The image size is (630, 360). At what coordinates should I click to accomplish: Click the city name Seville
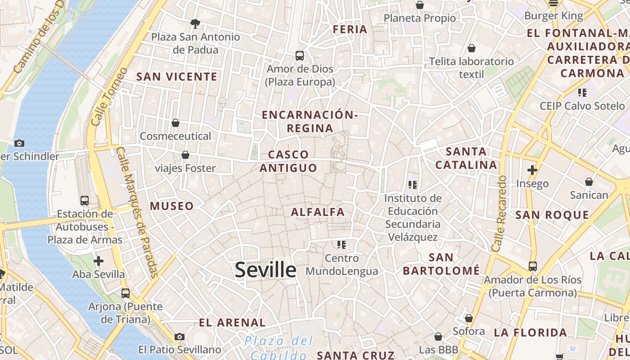pos(265,270)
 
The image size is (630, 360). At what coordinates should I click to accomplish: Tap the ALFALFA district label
pos(318,212)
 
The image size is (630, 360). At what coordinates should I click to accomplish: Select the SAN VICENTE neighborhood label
pos(177,77)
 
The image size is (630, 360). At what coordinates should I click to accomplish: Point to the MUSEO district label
pos(172,206)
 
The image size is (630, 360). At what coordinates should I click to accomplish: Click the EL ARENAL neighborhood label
pos(232,323)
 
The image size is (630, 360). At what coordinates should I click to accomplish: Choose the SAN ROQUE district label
pos(552,215)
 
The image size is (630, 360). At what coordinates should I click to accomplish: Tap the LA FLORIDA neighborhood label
pos(531,333)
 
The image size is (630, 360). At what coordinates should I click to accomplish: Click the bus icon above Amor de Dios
pos(300,56)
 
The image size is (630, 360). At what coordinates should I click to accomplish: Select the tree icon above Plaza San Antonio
pos(195,23)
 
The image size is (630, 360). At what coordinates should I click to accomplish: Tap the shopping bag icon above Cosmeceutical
pos(175,123)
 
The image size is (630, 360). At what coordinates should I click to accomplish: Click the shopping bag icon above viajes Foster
pos(185,155)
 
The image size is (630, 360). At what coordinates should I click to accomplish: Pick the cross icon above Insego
pos(532,170)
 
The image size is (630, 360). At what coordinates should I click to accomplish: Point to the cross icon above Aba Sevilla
pos(99,261)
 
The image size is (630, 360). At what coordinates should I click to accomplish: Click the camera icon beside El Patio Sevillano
pos(180,337)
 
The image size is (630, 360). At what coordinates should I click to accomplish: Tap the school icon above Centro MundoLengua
pos(342,245)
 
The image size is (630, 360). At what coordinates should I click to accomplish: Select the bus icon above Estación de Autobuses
pos(85,201)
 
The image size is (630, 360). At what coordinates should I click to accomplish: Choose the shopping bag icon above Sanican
pos(589,182)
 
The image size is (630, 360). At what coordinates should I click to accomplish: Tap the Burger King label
pos(553,16)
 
